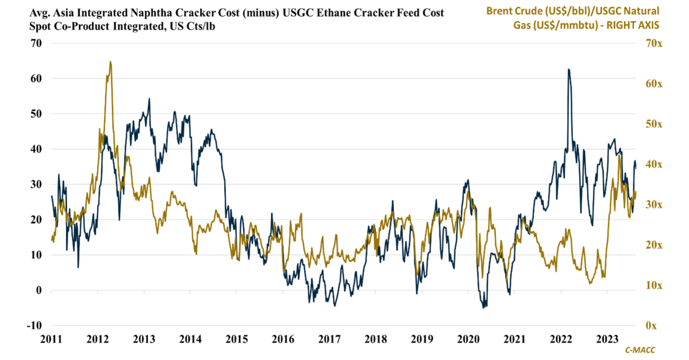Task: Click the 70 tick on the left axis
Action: (x=36, y=43)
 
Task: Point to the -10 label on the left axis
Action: (x=34, y=326)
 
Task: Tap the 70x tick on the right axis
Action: (x=654, y=43)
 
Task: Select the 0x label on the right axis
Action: (x=651, y=326)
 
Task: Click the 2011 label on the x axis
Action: (x=51, y=339)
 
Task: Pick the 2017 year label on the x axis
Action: (x=329, y=339)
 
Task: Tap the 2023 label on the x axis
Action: (x=607, y=339)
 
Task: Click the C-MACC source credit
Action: (x=640, y=350)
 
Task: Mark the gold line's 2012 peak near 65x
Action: (x=111, y=62)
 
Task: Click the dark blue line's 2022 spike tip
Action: (x=569, y=69)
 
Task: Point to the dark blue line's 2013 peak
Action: (x=149, y=99)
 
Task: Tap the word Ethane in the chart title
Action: (x=334, y=13)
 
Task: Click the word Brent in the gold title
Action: (x=500, y=11)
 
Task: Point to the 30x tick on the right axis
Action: (x=654, y=205)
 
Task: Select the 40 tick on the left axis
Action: (x=36, y=149)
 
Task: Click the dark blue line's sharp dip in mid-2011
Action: (x=78, y=267)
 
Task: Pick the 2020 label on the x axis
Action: (x=468, y=339)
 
